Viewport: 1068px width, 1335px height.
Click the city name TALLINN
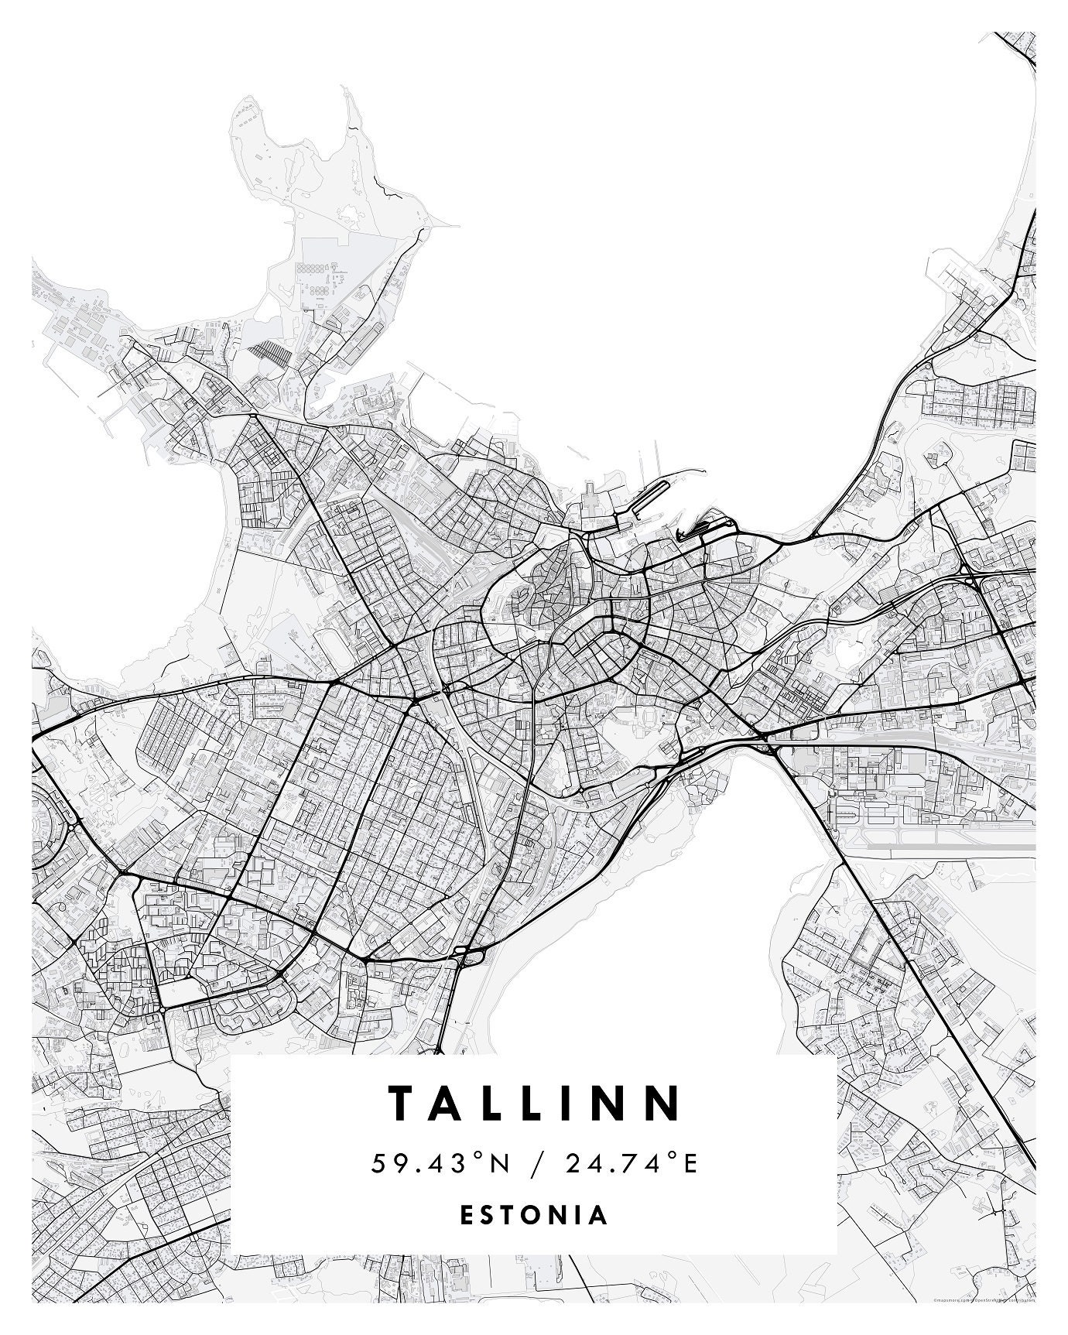click(x=536, y=1103)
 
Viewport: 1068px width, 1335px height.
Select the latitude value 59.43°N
click(x=441, y=1163)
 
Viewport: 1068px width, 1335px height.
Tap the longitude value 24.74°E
click(x=632, y=1163)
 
